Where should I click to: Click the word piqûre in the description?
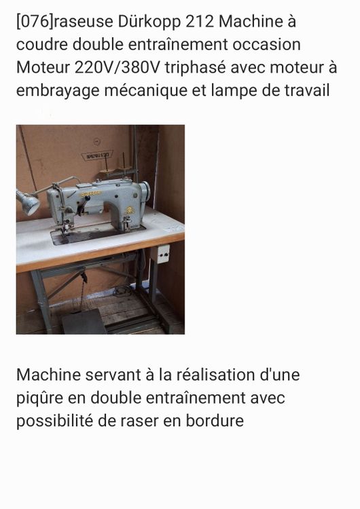[x=41, y=398]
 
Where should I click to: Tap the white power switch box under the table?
[x=163, y=254]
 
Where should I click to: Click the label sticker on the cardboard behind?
[x=96, y=155]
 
